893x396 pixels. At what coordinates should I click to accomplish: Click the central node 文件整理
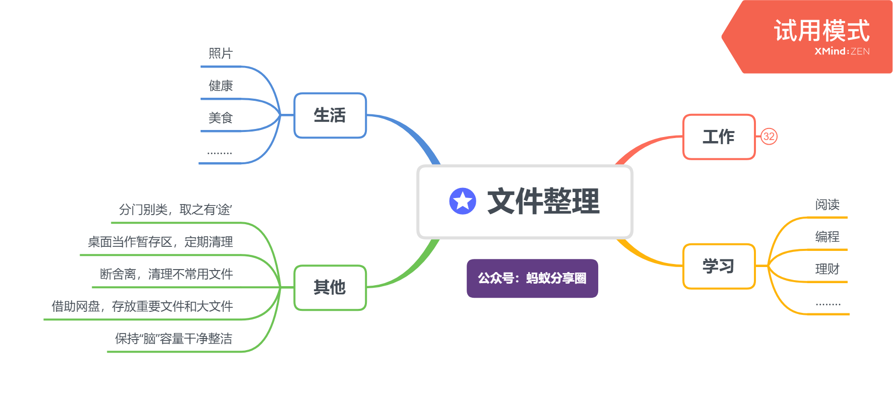(x=543, y=202)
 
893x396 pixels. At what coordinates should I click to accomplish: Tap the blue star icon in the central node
(x=463, y=202)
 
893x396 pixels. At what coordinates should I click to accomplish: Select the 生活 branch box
(x=330, y=115)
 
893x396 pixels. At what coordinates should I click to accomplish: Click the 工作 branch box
(x=719, y=137)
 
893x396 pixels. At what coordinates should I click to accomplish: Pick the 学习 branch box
(x=719, y=267)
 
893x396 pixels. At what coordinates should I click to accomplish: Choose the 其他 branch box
(x=330, y=288)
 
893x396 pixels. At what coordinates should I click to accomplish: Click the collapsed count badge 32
(x=769, y=137)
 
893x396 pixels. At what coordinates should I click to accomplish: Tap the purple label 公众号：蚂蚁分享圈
(x=532, y=278)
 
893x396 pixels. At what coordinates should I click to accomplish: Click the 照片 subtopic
(x=221, y=53)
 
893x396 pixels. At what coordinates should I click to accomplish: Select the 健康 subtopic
(x=221, y=86)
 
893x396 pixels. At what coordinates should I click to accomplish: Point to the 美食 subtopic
(x=221, y=118)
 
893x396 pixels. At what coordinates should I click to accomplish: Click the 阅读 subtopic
(x=827, y=205)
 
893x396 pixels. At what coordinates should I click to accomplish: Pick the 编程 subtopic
(x=827, y=237)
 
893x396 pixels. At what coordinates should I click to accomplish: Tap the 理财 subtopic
(x=827, y=269)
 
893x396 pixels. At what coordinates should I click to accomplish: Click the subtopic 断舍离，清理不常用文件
(x=166, y=274)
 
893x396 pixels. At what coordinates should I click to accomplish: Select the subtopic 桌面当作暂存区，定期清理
(x=160, y=242)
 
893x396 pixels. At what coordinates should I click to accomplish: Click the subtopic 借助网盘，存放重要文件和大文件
(x=142, y=306)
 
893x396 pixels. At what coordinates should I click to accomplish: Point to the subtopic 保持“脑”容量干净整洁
(x=173, y=339)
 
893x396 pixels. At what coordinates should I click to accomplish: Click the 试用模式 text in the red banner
(x=821, y=31)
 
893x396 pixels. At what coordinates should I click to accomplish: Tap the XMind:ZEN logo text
(x=842, y=51)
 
